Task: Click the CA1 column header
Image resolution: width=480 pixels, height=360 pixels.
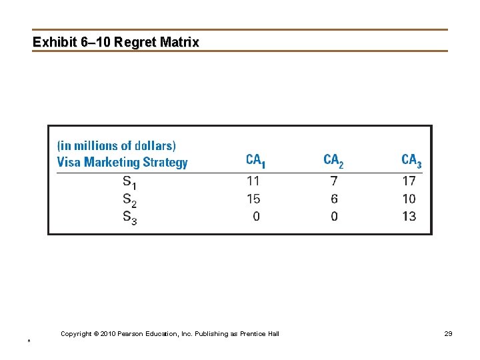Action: [x=255, y=161]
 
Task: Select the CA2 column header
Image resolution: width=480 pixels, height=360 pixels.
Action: [x=333, y=161]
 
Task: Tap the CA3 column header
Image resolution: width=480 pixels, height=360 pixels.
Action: [x=411, y=161]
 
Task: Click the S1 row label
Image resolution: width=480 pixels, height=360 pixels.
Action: [x=129, y=181]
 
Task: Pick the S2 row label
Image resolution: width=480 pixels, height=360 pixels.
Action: [x=129, y=199]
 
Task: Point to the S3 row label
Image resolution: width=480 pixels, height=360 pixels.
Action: [x=129, y=217]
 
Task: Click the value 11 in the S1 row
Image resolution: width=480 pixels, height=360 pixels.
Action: [x=253, y=181]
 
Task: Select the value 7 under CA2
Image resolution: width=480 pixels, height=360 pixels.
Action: [x=334, y=181]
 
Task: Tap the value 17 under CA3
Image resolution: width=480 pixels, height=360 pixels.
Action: [x=409, y=181]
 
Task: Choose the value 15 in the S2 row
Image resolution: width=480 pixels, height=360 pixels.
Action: [x=253, y=199]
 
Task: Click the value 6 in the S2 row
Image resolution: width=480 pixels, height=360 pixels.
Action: [x=334, y=199]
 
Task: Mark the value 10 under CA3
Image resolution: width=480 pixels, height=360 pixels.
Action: [x=409, y=199]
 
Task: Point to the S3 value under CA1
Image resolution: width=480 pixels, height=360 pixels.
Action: [x=257, y=216]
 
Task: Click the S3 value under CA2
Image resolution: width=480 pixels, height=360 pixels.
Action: [x=334, y=216]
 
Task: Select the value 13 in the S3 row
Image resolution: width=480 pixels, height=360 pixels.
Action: [x=409, y=216]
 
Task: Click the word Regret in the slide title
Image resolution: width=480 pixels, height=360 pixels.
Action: [x=136, y=43]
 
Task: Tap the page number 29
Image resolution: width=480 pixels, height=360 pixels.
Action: [x=448, y=333]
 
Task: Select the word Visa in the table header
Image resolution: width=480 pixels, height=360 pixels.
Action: [x=69, y=162]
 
